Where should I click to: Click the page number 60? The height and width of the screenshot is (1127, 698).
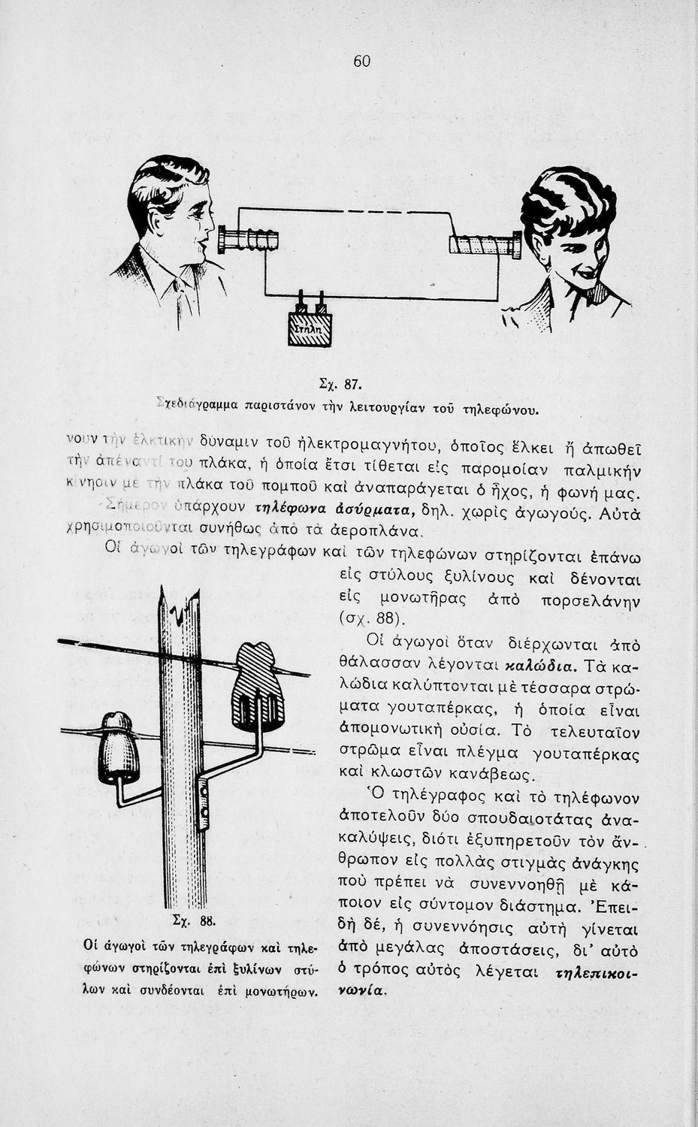coord(361,62)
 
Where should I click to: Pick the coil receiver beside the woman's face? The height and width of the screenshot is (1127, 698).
coord(485,245)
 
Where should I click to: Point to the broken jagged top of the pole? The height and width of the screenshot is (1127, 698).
coord(180,608)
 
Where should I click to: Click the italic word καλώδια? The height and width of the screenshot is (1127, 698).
coord(539,666)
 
